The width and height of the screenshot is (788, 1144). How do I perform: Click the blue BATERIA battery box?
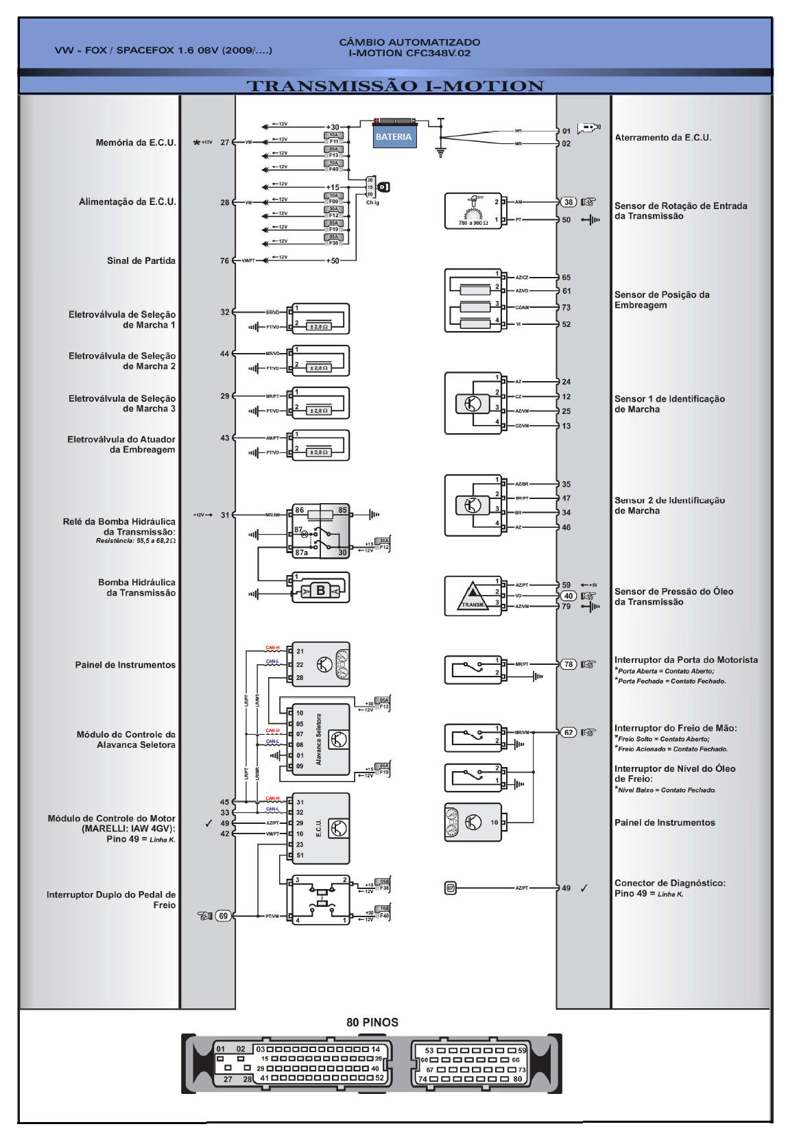[393, 136]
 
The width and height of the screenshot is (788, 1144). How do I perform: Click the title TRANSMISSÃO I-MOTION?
[395, 86]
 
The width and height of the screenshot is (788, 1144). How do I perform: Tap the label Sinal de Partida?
[141, 260]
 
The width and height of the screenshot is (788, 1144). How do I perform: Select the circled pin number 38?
[569, 202]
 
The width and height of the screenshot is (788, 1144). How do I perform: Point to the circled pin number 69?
[224, 916]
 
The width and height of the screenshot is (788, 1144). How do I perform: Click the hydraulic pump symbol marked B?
[320, 590]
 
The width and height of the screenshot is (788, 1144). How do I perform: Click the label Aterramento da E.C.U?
[662, 138]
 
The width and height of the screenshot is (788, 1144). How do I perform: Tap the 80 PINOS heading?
[372, 1022]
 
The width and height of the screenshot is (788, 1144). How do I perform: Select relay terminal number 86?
[300, 511]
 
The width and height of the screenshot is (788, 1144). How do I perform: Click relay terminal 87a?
[301, 552]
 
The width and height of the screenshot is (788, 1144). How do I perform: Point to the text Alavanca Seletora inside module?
[319, 740]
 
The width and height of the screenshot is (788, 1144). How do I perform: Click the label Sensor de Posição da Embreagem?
[661, 300]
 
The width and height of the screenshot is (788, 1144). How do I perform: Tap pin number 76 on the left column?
[224, 260]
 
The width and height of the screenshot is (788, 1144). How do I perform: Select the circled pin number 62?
[569, 732]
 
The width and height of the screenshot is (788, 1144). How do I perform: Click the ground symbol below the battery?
[440, 151]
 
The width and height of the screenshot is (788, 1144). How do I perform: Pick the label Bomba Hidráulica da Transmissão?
[136, 587]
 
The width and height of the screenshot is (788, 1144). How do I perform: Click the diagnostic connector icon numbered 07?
[451, 888]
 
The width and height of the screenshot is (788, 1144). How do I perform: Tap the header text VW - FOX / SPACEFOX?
[163, 50]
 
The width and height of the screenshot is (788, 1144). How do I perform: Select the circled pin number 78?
[569, 664]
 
